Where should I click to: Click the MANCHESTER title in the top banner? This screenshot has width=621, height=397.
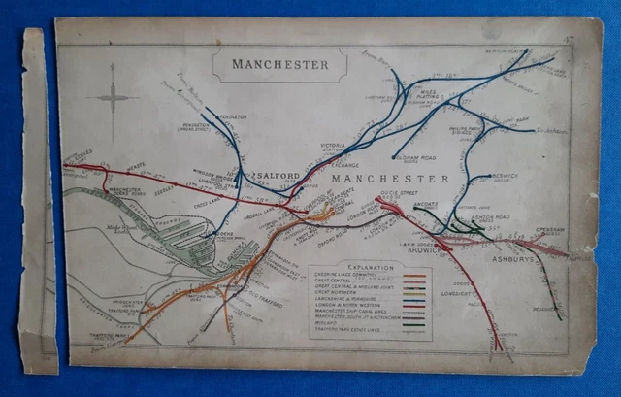pos(279,65)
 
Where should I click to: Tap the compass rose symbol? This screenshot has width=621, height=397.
pos(113,97)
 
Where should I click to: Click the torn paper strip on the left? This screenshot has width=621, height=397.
pos(37,204)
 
